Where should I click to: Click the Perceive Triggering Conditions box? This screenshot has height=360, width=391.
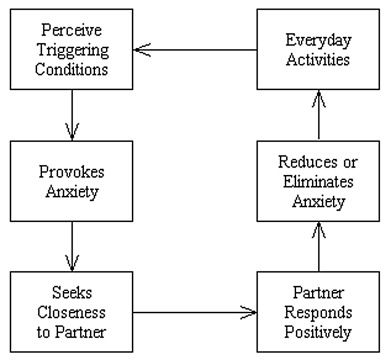pos(72,49)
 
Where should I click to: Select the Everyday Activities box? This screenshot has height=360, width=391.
pos(318,49)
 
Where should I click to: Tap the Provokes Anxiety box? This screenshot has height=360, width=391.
pos(72,181)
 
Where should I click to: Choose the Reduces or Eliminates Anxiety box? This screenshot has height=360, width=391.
pos(318,181)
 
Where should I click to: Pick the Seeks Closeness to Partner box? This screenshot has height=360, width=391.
pos(72,313)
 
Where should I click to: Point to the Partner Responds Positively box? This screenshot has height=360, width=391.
pos(318,313)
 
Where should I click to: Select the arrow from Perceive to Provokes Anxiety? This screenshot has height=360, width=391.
pos(72,115)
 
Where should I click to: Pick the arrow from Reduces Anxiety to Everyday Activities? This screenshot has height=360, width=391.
pos(318,115)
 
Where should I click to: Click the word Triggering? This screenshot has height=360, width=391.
pos(72,49)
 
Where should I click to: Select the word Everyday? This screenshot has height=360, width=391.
pos(318,40)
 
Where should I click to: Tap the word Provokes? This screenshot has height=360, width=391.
pos(72,172)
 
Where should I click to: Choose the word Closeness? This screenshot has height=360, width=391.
pos(72,313)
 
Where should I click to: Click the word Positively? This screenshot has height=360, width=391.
pos(318,332)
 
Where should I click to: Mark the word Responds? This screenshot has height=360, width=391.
pos(318,313)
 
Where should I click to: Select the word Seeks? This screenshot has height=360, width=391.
pos(72,293)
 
